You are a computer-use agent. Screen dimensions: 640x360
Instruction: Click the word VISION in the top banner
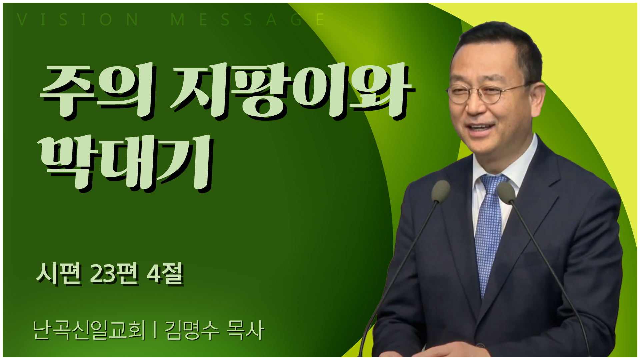click(77, 20)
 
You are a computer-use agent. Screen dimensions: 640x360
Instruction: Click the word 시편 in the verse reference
click(59, 274)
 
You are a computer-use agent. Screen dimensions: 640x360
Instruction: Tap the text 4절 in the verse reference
click(165, 274)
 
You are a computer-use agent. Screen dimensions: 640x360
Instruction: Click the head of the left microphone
click(440, 191)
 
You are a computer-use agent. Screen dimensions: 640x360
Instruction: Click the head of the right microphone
click(506, 193)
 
